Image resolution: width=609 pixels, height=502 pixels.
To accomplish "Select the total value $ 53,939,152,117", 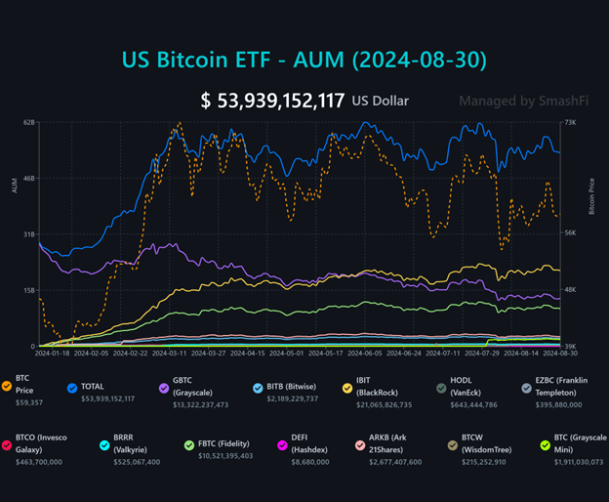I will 272,100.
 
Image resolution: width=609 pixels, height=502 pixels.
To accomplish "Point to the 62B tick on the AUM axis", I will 28,122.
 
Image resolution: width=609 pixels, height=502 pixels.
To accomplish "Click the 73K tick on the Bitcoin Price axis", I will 583,122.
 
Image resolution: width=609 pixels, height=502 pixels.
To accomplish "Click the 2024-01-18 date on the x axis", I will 56,354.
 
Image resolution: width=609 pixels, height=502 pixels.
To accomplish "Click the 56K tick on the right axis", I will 583,233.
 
